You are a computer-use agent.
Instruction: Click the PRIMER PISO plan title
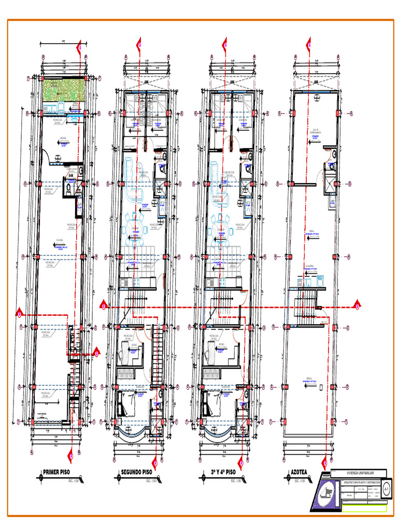click(56, 472)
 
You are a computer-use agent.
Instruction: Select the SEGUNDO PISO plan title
click(136, 472)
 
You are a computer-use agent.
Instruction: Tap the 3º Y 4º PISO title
click(223, 472)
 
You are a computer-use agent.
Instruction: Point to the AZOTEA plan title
click(299, 472)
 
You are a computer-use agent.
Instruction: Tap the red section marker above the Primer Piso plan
click(79, 48)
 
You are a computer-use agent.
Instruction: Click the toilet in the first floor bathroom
click(68, 190)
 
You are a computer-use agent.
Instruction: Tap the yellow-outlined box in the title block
click(364, 508)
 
